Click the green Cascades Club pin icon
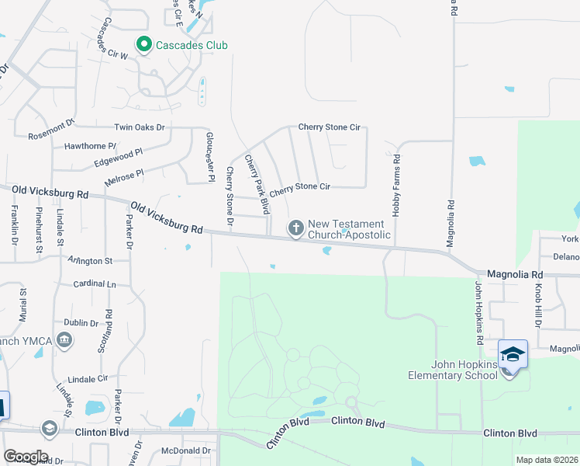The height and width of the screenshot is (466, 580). pos(143,45)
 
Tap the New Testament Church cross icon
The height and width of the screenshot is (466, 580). pos(295,228)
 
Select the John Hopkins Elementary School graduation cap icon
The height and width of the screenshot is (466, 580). pos(513,354)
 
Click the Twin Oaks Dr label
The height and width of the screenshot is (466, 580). pos(140,127)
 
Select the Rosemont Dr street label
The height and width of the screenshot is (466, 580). pos(50,129)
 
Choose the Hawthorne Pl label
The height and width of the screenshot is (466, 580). pos(90,145)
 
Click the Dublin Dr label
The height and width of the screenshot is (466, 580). pos(81,322)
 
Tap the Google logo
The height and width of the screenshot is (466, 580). pos(25,457)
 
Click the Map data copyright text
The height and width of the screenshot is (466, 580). pos(547,460)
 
